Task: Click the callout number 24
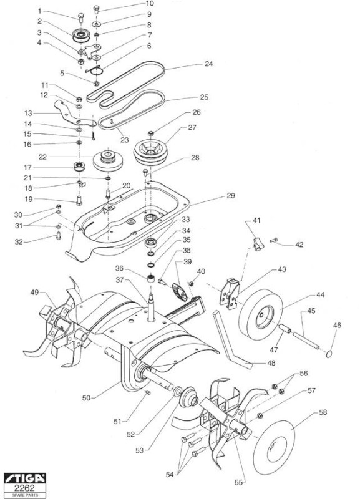[x=208, y=64]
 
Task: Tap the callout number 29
[x=230, y=196]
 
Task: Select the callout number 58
[x=323, y=412]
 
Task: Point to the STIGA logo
[x=25, y=478]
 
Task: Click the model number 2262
[x=25, y=488]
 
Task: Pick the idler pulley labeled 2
[x=81, y=36]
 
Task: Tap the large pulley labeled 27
[x=151, y=152]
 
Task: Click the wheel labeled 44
[x=261, y=315]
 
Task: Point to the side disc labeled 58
[x=275, y=447]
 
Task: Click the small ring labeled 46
[x=329, y=354]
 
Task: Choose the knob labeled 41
[x=258, y=244]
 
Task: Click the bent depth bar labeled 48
[x=232, y=341]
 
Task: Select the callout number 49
[x=35, y=292]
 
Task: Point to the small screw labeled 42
[x=274, y=240]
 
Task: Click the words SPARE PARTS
[x=25, y=495]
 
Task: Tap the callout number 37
[x=120, y=281]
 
